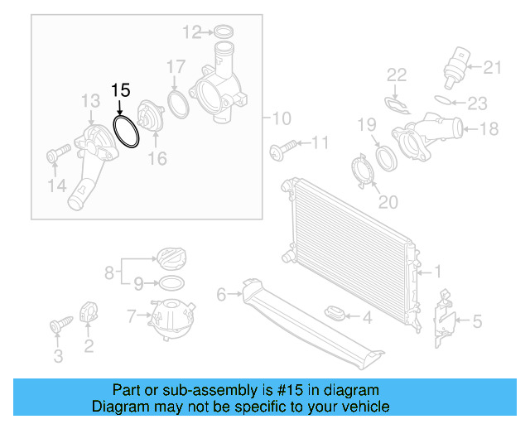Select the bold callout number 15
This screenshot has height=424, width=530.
pos(121,90)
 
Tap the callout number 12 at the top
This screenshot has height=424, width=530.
pos(192,33)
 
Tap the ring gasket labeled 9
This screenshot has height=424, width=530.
pos(170,283)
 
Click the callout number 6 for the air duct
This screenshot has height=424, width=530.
pos(221,294)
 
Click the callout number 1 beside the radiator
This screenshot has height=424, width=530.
pos(438,271)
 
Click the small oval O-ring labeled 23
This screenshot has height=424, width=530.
pos(445,102)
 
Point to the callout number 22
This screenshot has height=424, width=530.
pos(397,75)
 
